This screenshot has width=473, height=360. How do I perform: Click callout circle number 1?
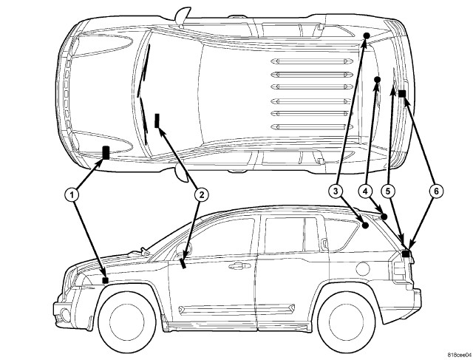[x=71, y=194]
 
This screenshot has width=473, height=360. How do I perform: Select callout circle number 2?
[x=200, y=194]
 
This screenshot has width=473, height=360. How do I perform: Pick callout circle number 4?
[x=364, y=191]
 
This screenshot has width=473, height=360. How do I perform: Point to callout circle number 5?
[x=389, y=191]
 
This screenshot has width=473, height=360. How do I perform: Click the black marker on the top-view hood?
[x=106, y=153]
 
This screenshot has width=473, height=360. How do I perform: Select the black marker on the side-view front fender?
[x=106, y=280]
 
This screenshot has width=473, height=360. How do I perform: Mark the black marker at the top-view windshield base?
[x=157, y=120]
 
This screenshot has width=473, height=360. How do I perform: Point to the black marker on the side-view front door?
[x=183, y=262]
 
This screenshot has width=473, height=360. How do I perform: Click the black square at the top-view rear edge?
[x=401, y=94]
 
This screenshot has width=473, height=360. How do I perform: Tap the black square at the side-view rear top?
[x=406, y=254]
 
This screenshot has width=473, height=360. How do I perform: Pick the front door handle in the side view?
[x=236, y=265]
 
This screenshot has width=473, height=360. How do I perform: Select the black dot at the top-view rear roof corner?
[x=366, y=35]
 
